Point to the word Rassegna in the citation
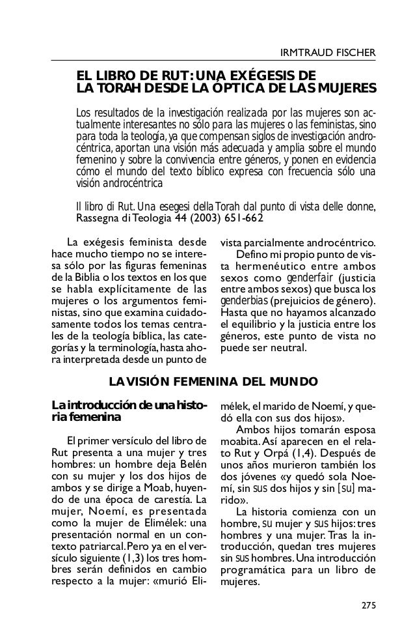pyautogui.click(x=96, y=218)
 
